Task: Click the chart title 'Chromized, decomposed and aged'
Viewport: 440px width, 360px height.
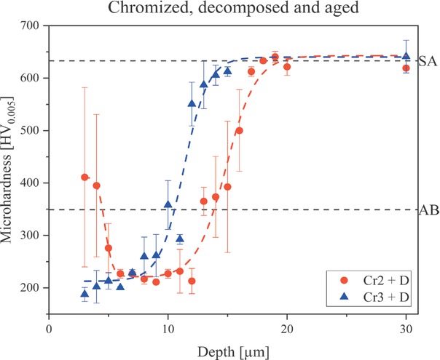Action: pyautogui.click(x=228, y=9)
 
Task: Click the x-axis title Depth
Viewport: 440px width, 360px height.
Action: pyautogui.click(x=227, y=351)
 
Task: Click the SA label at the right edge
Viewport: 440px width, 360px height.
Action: pyautogui.click(x=428, y=61)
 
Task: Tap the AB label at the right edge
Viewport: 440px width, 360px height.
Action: pyautogui.click(x=428, y=210)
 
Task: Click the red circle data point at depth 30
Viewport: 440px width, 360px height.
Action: pyautogui.click(x=406, y=68)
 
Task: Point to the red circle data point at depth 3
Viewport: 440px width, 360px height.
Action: pyautogui.click(x=85, y=177)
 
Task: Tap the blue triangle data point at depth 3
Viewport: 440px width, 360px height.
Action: pyautogui.click(x=85, y=294)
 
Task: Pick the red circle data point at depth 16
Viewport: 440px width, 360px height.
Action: pyautogui.click(x=239, y=131)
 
